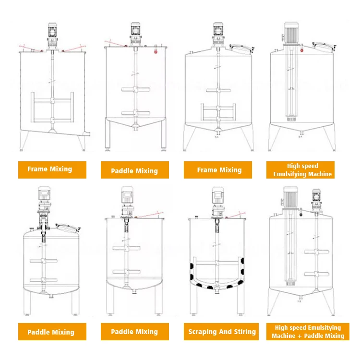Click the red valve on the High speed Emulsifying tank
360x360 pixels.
click(x=300, y=215)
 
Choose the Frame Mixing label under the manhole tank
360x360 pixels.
click(x=219, y=170)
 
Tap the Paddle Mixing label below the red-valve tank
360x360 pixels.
click(x=134, y=171)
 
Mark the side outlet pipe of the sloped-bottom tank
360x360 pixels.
click(x=87, y=132)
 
